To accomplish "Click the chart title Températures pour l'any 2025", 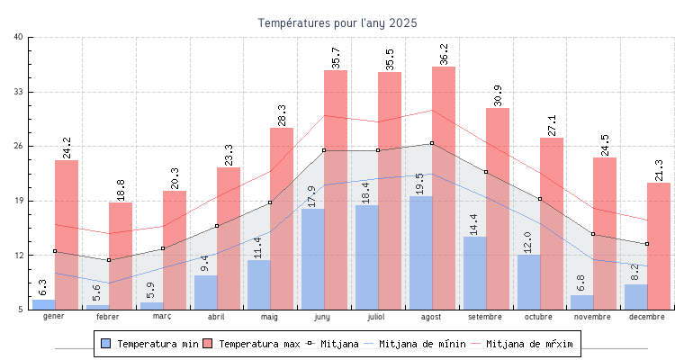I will tap(337, 22).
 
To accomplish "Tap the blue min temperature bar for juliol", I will tap(366, 256).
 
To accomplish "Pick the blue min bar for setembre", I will tap(474, 273).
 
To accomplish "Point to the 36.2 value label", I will tap(444, 55).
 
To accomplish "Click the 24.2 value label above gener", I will tap(67, 148).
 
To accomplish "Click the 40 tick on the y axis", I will tap(19, 37).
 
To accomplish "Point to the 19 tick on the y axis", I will tap(19, 201).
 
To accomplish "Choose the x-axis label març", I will tap(162, 317).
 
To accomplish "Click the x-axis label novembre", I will tap(593, 317).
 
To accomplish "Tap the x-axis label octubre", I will tap(539, 317).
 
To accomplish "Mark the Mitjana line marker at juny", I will tap(324, 150).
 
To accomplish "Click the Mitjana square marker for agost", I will tap(432, 143).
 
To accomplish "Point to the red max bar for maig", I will tap(282, 219).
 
